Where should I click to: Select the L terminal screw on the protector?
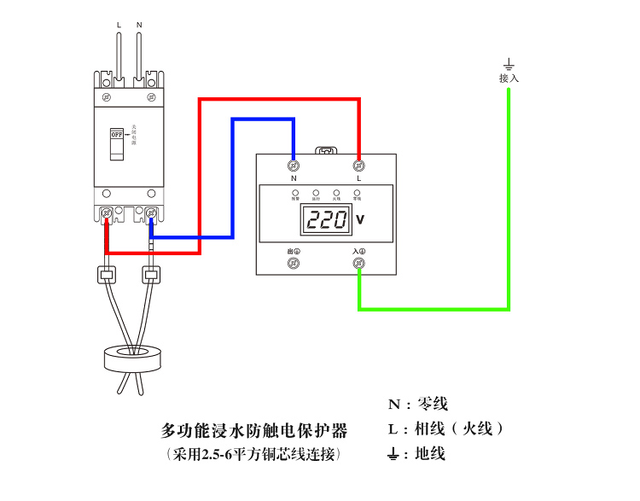pos(358,164)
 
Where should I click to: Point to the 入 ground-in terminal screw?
pos(358,264)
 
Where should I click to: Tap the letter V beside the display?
pos(360,220)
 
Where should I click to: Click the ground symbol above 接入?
pos(509,64)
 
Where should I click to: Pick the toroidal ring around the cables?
pos(132,358)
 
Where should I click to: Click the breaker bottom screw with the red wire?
pos(108,212)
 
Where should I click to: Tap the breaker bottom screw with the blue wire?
pos(151,212)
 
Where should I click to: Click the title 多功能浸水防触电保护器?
pos(254,428)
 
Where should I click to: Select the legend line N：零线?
pos(417,405)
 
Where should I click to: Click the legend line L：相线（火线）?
pos(445,428)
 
